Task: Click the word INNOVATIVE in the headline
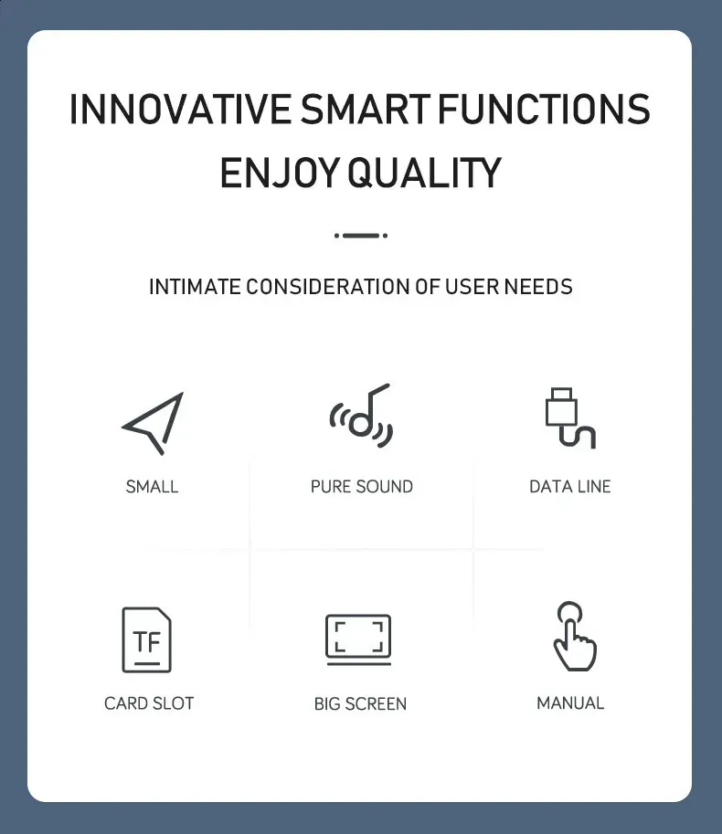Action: tap(180, 109)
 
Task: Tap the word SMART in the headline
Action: tap(365, 109)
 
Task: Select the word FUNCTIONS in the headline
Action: tap(544, 109)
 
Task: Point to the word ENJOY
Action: tap(280, 173)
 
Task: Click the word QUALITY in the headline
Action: tap(425, 173)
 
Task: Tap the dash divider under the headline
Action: tap(361, 235)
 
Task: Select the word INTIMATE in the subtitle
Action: tap(195, 287)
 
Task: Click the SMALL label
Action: tap(152, 487)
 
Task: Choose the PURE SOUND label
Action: tap(362, 487)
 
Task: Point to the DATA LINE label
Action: tap(570, 487)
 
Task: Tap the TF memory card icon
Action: tap(147, 639)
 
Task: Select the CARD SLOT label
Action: tap(149, 703)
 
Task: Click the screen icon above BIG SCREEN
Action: tap(358, 639)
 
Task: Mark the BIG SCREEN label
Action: tap(360, 703)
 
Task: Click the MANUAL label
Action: tap(570, 703)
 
